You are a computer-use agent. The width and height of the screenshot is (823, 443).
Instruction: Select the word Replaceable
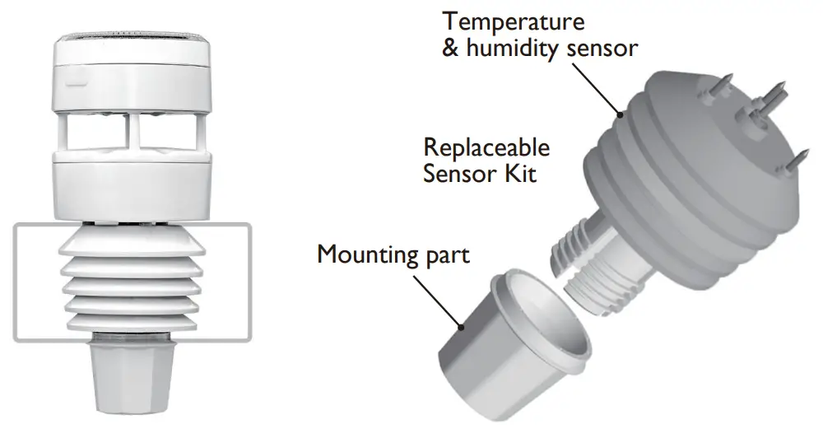coord(486,148)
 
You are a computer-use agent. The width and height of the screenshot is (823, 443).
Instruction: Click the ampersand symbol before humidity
coord(449,48)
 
